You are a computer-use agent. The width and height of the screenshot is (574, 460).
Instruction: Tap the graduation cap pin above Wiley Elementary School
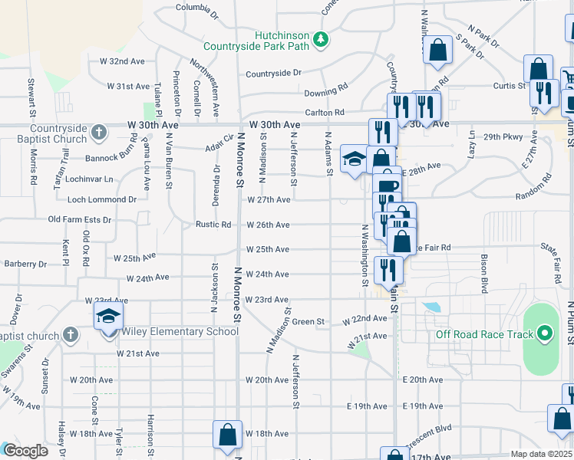(108, 316)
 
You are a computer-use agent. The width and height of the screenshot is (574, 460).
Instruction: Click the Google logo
(25, 451)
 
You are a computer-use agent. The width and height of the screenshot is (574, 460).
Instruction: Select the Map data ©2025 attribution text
(541, 454)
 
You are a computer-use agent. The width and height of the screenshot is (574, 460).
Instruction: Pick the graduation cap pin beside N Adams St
(354, 159)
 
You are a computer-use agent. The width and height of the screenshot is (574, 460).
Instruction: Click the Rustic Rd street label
(213, 225)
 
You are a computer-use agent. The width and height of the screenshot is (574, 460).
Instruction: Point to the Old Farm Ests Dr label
(80, 220)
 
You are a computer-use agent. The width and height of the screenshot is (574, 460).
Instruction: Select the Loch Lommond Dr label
(102, 199)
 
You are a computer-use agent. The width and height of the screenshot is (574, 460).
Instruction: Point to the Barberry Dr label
(25, 264)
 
